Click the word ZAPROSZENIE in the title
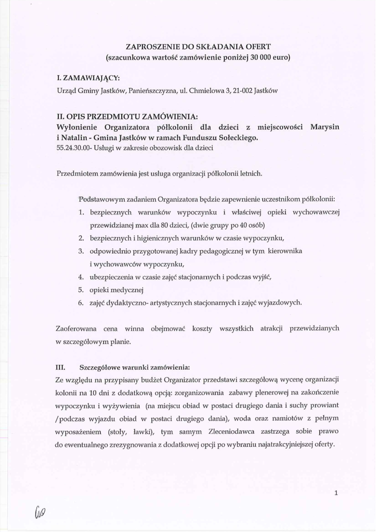pos(148,47)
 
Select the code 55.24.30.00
pos(71,148)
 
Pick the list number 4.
pos(81,277)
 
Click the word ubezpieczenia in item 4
pos(112,277)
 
